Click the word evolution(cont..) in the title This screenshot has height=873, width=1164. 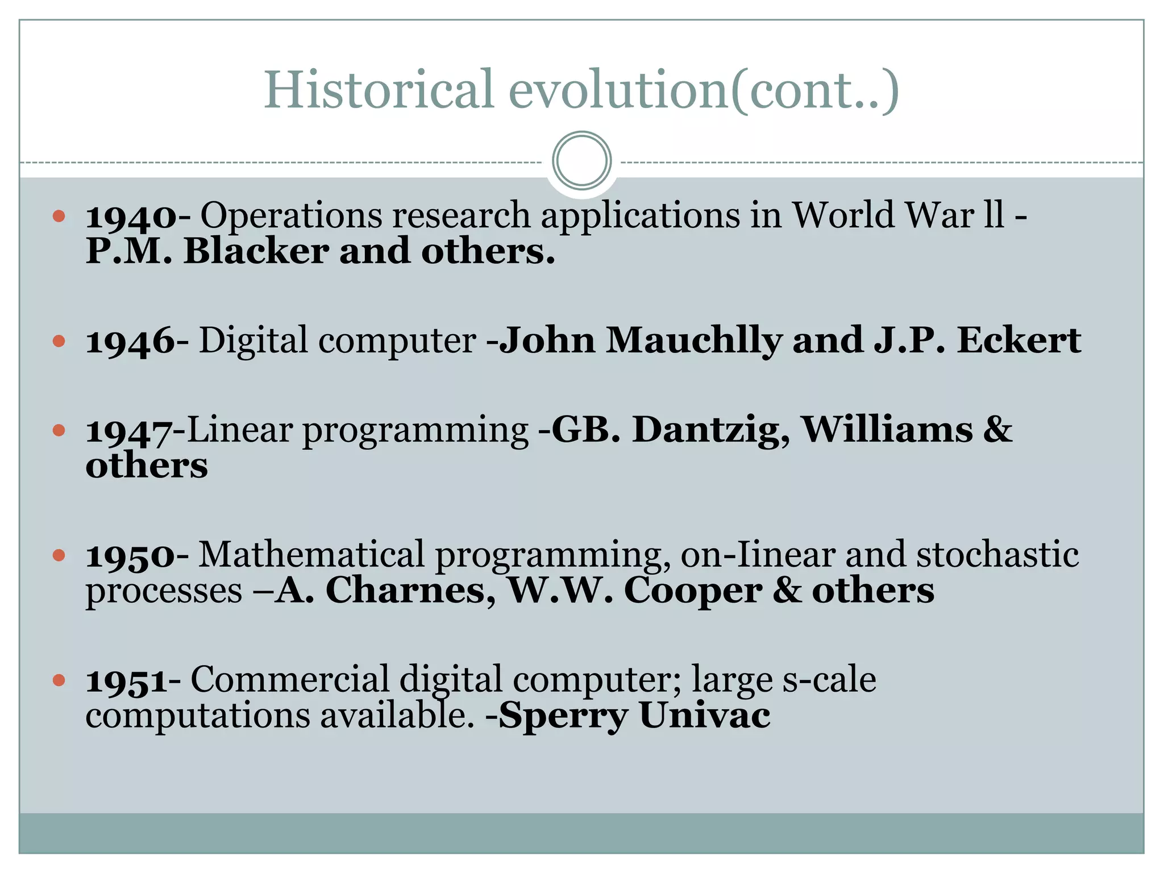[x=704, y=91]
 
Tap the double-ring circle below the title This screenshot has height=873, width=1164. [x=581, y=161]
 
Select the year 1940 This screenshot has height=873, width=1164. [x=131, y=217]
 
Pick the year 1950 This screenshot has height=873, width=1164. [x=131, y=556]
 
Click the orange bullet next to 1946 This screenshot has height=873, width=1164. [x=59, y=341]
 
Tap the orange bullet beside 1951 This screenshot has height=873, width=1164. [x=59, y=680]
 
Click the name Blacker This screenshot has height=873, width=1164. [x=256, y=251]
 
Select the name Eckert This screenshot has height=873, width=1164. [x=1018, y=341]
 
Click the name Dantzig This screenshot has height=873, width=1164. [x=711, y=430]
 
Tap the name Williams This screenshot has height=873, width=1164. [x=887, y=430]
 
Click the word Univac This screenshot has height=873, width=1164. [x=705, y=716]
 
